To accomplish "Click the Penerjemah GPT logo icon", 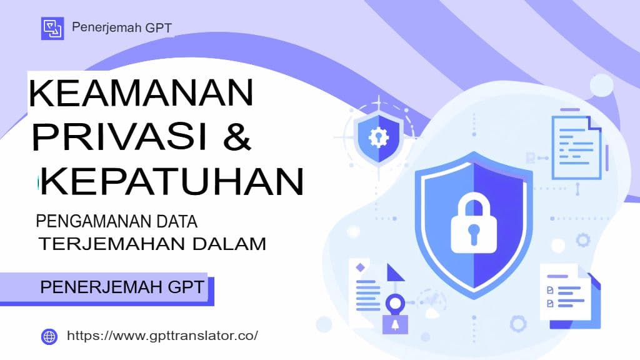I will coord(52,29).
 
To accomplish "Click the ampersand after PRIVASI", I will coord(237,136).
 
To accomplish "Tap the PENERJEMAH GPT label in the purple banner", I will coord(122,287).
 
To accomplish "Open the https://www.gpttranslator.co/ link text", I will coord(162,336).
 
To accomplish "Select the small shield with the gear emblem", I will coord(377,138).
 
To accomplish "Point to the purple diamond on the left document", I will coord(360,267).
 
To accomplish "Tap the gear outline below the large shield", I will coord(517,323).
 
